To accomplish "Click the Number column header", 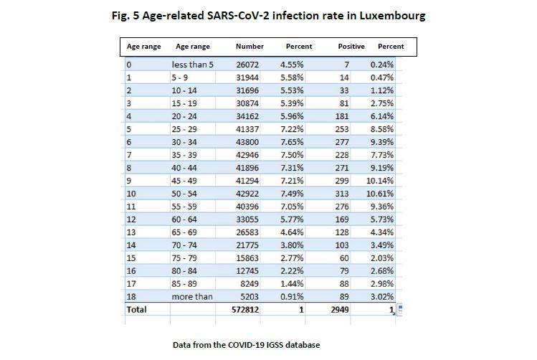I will (x=250, y=47).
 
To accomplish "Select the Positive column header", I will (x=351, y=47).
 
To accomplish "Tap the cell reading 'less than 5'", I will (x=193, y=65).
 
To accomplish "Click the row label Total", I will (x=136, y=310).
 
